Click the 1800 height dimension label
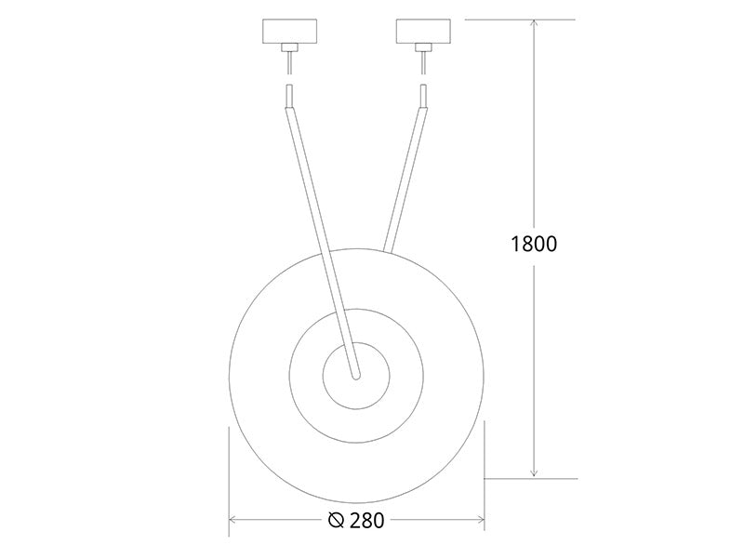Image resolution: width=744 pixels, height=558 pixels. [x=534, y=244]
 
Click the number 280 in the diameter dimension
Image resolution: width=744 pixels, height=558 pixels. [x=366, y=521]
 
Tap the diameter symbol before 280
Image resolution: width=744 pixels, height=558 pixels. [x=337, y=521]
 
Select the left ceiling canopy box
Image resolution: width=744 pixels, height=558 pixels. [x=289, y=32]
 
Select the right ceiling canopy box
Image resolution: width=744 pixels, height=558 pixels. [x=423, y=32]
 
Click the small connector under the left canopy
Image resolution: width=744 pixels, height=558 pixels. [x=289, y=47]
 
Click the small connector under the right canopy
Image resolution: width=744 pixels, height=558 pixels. [x=423, y=47]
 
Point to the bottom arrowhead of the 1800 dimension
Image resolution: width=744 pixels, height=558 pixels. [x=534, y=472]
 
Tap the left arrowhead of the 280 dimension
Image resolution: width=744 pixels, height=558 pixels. [x=233, y=521]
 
